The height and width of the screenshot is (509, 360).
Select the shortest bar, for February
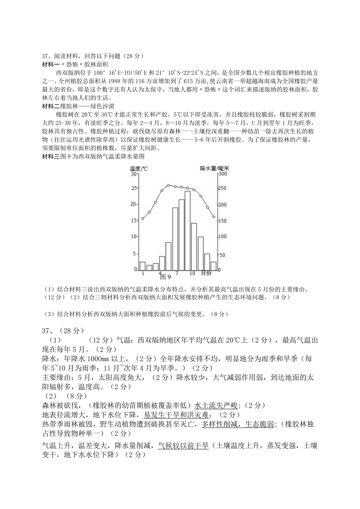pos(149,268)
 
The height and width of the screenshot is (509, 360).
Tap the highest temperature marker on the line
pos(168,185)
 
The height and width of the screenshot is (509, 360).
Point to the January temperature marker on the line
pos(142,218)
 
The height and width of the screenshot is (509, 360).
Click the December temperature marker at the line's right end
pos(214,217)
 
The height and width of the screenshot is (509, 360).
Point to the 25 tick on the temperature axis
pos(134,188)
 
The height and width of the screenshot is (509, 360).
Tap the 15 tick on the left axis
pos(134,220)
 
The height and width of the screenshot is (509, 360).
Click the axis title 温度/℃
pos(139,169)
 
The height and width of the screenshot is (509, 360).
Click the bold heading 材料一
pos(50,64)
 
